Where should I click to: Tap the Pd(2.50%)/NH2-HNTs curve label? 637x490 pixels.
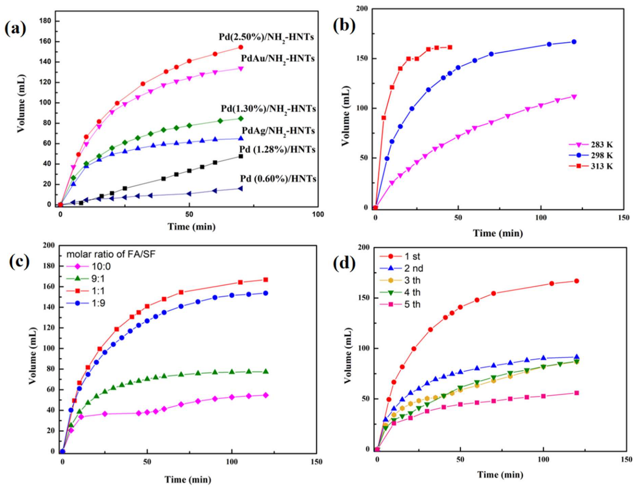click(266, 37)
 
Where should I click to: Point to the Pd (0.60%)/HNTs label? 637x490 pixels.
click(278, 178)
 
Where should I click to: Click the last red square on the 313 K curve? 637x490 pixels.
click(450, 47)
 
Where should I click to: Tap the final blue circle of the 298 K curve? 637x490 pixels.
click(574, 42)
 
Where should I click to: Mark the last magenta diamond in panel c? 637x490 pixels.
click(266, 395)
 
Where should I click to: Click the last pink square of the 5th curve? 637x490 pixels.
click(576, 393)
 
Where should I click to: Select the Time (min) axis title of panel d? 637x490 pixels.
click(500, 475)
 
